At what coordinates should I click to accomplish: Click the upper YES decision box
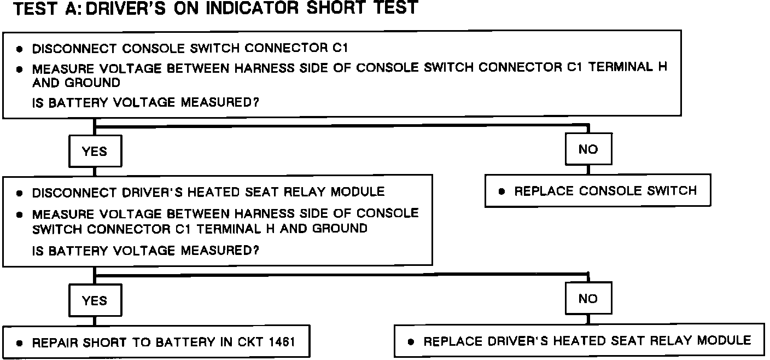[95, 152]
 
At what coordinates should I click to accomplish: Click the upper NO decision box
[588, 149]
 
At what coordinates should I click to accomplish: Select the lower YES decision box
[95, 300]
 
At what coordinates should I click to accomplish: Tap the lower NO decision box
[588, 299]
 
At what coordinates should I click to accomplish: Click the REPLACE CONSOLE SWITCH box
[597, 191]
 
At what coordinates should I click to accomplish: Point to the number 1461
[282, 342]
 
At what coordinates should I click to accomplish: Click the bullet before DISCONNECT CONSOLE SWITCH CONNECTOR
[20, 49]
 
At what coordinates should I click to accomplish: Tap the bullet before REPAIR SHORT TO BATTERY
[20, 344]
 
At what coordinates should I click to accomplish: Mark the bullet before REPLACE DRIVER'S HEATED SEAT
[411, 342]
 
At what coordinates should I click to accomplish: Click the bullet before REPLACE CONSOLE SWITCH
[501, 192]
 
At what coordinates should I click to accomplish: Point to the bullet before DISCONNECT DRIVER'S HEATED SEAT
[20, 193]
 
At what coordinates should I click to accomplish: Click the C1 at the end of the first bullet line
[340, 48]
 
